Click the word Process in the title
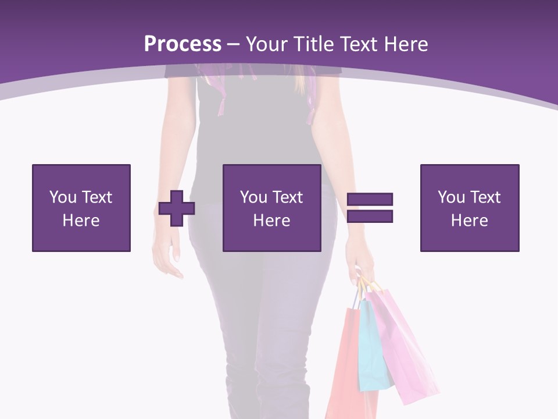tap(183, 44)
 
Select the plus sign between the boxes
tap(177, 208)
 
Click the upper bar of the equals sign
tap(370, 200)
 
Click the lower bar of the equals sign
tap(370, 216)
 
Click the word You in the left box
tap(62, 197)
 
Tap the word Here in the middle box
tap(272, 221)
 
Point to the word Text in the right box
tap(485, 197)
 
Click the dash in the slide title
tap(234, 44)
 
